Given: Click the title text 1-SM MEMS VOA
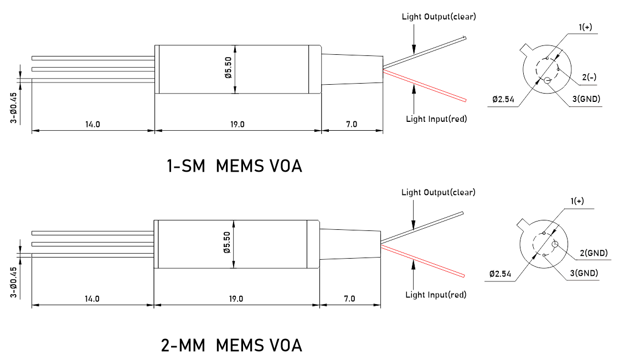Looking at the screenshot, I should tap(234, 166).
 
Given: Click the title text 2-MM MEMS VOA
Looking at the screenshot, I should tap(231, 346).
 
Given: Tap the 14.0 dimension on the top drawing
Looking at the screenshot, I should tap(92, 124).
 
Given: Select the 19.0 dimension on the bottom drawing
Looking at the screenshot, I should tap(236, 299).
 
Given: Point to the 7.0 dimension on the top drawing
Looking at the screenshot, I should tap(351, 124).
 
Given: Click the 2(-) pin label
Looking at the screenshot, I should tap(589, 77).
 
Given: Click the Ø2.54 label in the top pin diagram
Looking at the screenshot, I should tap(503, 100).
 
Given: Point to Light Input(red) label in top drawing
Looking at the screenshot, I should tap(436, 119).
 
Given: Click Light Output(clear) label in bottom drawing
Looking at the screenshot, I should tap(438, 193).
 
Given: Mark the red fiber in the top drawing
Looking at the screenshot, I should tap(426, 86).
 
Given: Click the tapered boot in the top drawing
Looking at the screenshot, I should tap(352, 70).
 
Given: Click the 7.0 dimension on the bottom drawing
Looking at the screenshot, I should tap(349, 299).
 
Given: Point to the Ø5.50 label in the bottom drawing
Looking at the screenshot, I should tap(227, 243).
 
